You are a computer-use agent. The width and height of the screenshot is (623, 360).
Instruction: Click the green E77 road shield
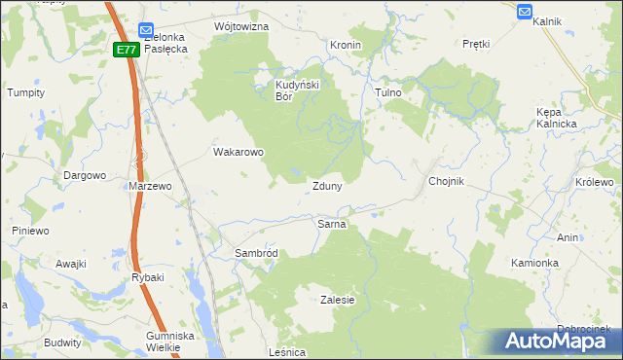click(x=126, y=49)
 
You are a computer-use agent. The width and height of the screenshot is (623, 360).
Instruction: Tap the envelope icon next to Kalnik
click(x=525, y=12)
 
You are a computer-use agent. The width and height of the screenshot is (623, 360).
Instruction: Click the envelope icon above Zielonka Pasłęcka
click(x=146, y=30)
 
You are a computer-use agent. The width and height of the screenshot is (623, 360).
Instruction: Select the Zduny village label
click(x=326, y=186)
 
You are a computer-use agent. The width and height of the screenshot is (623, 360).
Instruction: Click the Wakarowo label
click(x=238, y=152)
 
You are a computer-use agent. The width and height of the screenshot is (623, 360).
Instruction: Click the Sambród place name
click(x=256, y=253)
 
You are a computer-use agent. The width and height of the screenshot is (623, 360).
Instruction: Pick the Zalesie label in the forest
click(x=337, y=301)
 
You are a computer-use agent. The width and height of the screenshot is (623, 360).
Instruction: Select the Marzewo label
click(x=150, y=185)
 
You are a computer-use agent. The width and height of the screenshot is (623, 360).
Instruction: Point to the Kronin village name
click(x=346, y=45)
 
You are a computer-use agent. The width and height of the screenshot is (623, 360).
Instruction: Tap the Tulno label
click(x=388, y=92)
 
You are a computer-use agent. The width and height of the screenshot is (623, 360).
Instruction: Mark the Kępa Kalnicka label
click(x=557, y=118)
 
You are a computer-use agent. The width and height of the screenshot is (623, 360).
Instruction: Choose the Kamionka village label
click(x=534, y=263)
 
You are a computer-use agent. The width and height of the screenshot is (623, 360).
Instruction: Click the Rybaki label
click(x=148, y=277)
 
